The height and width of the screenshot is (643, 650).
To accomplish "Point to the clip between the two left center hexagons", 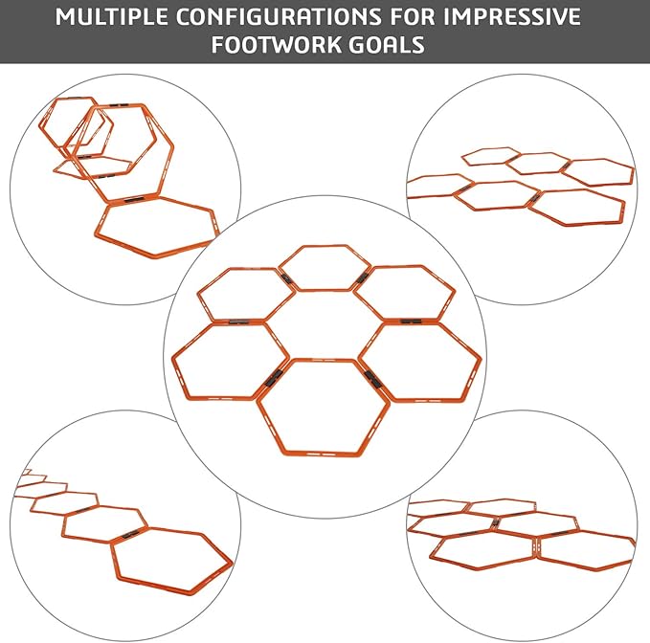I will point(235,322).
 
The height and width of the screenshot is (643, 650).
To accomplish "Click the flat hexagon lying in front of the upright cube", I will point(157,228).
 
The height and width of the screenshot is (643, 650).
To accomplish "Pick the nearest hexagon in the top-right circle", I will point(580,205).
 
